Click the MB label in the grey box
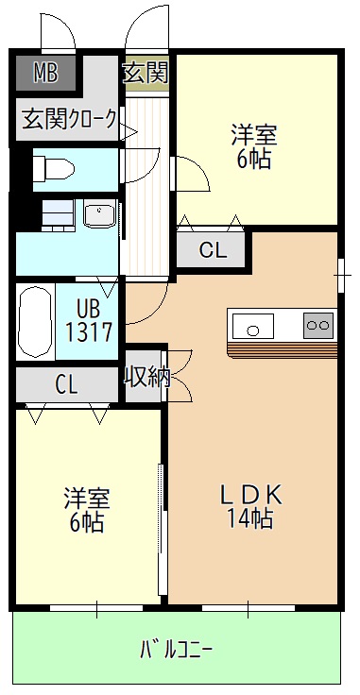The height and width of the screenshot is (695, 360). click(45, 72)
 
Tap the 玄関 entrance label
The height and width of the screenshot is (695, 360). click(146, 73)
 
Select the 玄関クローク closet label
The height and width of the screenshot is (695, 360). click(70, 119)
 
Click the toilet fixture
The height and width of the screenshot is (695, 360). click(52, 168)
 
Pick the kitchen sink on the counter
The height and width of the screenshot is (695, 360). click(253, 327)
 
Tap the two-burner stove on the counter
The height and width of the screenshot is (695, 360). click(317, 326)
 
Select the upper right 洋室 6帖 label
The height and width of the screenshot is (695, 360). click(253, 146)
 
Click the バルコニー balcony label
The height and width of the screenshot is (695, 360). click(177, 650)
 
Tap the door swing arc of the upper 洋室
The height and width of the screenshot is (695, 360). click(192, 176)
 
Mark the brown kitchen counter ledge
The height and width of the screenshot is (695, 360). click(282, 349)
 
